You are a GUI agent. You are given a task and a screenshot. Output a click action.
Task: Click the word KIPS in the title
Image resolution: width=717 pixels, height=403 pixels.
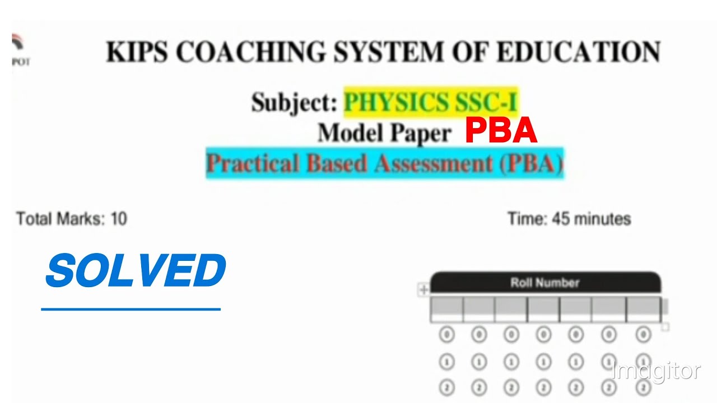pyautogui.click(x=137, y=52)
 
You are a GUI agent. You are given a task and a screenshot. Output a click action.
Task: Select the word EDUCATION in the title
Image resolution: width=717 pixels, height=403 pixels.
pyautogui.click(x=578, y=52)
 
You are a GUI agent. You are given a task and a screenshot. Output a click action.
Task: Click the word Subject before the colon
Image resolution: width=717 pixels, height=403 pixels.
pyautogui.click(x=292, y=103)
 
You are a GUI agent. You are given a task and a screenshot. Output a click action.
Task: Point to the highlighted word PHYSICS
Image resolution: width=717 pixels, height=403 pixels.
pyautogui.click(x=396, y=102)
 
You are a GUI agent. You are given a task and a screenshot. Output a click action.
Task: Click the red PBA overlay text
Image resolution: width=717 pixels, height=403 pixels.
pyautogui.click(x=501, y=132)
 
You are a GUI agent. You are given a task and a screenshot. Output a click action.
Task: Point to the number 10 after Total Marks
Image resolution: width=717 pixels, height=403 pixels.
pyautogui.click(x=119, y=219)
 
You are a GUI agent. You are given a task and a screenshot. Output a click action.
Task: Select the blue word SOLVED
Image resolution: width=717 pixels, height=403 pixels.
pyautogui.click(x=136, y=271)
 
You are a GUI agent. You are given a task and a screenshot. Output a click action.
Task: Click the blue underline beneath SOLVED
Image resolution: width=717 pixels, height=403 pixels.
pyautogui.click(x=131, y=308)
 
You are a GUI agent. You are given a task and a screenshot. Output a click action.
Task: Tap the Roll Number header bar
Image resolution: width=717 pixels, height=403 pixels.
pyautogui.click(x=544, y=283)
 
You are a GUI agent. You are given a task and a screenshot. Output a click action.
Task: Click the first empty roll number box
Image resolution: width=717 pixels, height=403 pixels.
pyautogui.click(x=446, y=310)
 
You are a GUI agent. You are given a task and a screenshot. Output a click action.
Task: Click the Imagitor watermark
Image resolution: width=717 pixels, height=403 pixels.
pyautogui.click(x=656, y=371)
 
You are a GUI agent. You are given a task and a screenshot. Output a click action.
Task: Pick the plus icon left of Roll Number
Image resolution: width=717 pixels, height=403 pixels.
pyautogui.click(x=423, y=289)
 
